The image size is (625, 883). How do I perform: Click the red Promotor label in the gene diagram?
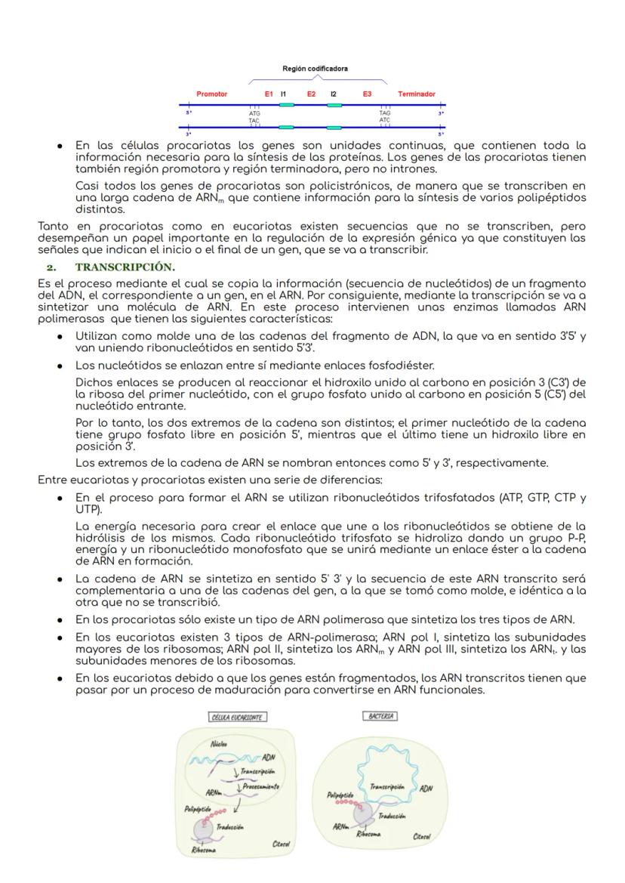click(x=211, y=94)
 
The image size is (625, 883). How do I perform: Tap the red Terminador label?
click(x=417, y=94)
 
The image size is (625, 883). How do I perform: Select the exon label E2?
click(x=311, y=94)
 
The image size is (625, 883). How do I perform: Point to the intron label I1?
click(x=284, y=94)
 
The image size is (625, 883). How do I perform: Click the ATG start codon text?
click(x=254, y=113)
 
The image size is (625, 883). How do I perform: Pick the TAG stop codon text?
click(x=385, y=113)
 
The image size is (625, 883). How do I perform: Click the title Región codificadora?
click(x=315, y=69)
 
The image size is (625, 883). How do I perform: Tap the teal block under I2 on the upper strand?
click(x=334, y=105)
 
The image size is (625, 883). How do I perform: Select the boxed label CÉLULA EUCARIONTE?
click(x=238, y=717)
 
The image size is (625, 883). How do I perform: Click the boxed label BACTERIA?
click(x=381, y=715)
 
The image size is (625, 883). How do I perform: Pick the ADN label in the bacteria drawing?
click(x=426, y=788)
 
